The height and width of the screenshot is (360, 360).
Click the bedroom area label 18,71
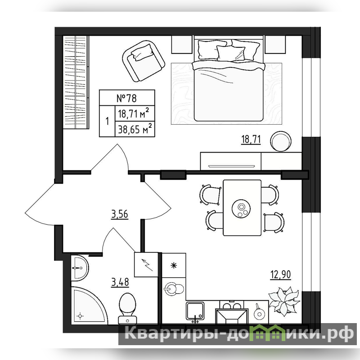251,139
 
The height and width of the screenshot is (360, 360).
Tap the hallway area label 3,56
120,214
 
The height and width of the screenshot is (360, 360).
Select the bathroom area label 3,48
120,282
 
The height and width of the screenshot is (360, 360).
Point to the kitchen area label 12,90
281,274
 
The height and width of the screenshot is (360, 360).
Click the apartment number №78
127,98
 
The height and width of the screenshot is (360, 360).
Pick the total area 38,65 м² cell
135,129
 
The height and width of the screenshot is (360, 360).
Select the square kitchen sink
195,310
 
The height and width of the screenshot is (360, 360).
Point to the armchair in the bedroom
144,61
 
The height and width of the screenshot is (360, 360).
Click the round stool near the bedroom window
281,141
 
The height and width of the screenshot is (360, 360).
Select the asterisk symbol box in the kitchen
174,265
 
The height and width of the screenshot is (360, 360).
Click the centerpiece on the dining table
241,209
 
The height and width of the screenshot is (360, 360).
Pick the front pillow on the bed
230,54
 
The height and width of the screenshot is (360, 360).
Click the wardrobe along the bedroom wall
76,82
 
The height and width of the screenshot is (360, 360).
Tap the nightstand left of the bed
182,45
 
